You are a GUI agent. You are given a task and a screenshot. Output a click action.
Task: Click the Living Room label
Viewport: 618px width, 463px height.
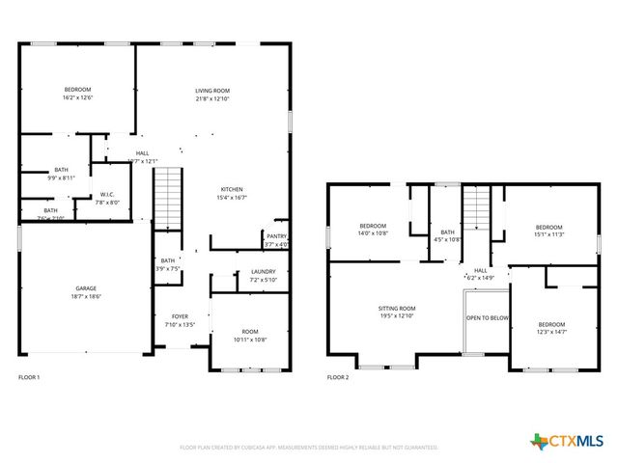point(213,90)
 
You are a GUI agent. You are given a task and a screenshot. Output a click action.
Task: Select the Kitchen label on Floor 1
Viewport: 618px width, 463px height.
point(231,189)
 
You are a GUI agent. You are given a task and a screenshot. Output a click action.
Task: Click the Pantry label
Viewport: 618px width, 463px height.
point(276,234)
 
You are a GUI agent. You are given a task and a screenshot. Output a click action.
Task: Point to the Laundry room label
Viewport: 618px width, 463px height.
point(263,272)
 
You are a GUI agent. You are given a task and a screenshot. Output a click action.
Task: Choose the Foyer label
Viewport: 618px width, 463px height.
point(180,316)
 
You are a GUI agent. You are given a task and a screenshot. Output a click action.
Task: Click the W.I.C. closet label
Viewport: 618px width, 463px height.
point(107,195)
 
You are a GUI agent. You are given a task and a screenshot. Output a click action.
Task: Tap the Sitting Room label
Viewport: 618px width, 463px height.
point(396,308)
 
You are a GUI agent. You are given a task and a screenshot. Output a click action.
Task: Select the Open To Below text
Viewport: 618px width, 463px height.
point(488,317)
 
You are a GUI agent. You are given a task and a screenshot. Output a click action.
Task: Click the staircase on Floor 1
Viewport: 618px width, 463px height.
point(168,197)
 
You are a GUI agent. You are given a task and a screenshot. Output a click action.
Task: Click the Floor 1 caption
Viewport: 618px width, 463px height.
point(29,377)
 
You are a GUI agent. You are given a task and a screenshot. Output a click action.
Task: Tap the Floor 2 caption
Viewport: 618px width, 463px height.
point(338,377)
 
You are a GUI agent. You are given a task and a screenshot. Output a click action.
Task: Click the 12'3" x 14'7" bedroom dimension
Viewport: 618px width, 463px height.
point(551,332)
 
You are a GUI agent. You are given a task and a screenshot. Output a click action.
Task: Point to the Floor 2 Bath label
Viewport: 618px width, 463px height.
point(447,231)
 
